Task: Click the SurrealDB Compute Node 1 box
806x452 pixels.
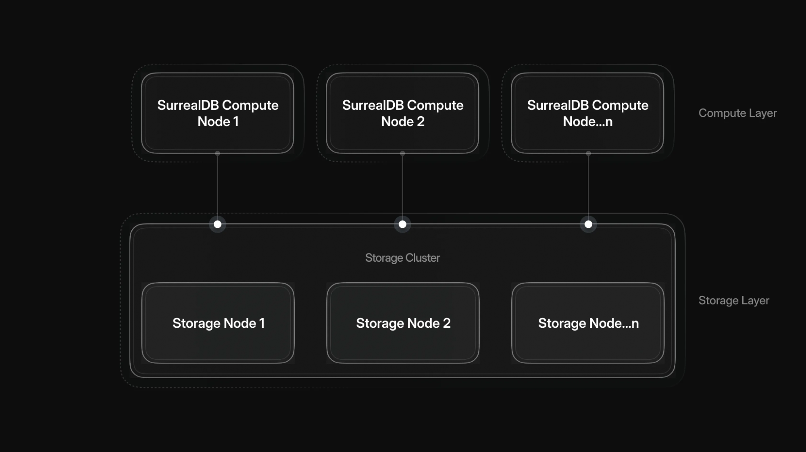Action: tap(217, 113)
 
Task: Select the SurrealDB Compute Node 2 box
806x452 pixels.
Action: tap(402, 113)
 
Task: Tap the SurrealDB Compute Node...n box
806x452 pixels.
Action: tap(587, 113)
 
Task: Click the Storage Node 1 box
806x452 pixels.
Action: tap(218, 323)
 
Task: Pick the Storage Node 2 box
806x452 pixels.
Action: tap(403, 323)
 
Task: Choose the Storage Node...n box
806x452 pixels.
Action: tap(588, 323)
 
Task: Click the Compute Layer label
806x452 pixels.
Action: tap(737, 113)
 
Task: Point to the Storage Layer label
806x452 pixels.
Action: tap(734, 300)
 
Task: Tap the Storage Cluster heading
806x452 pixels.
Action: tap(402, 258)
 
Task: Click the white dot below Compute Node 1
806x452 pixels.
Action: tap(218, 224)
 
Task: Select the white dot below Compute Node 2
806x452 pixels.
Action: tap(402, 224)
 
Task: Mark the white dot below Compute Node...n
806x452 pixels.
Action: tap(588, 224)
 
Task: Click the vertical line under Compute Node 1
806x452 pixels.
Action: tap(218, 187)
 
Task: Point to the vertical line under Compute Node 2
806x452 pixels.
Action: tap(402, 187)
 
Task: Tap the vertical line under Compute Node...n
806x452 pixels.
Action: tap(588, 187)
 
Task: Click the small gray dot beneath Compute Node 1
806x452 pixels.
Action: tap(218, 154)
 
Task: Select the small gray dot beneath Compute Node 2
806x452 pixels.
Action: tap(402, 154)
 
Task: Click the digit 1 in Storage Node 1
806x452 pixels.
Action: tap(262, 323)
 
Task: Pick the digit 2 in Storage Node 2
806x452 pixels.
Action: tap(447, 323)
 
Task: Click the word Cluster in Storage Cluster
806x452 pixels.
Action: tap(423, 258)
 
